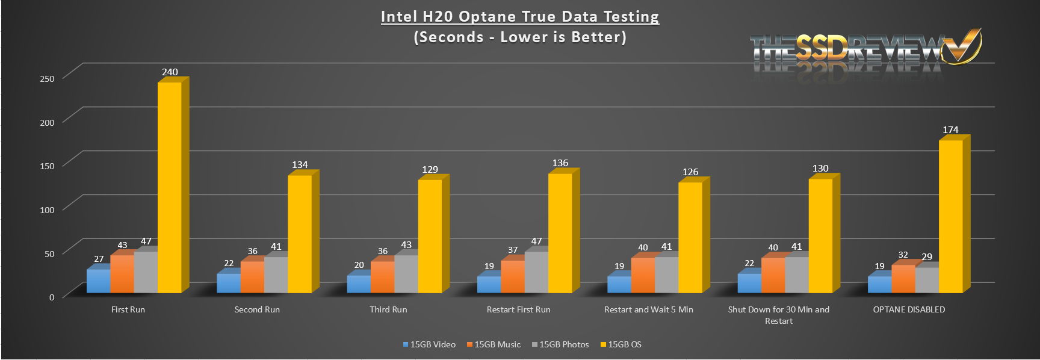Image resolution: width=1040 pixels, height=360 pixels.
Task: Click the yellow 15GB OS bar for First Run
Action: click(x=169, y=187)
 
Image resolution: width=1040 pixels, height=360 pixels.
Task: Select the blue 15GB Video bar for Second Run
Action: click(x=228, y=284)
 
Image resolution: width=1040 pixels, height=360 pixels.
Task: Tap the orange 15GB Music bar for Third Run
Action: click(x=382, y=278)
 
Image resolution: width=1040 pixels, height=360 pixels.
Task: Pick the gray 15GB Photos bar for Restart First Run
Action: click(x=536, y=273)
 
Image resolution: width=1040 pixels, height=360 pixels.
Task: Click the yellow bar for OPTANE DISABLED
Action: click(x=950, y=216)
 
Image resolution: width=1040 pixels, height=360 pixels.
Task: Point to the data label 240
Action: click(x=170, y=72)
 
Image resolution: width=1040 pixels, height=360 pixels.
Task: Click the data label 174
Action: click(x=950, y=130)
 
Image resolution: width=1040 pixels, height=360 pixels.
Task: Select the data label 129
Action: click(x=430, y=170)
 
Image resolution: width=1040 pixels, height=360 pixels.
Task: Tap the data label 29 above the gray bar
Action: click(x=927, y=257)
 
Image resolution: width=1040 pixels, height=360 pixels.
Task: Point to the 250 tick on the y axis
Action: click(x=47, y=78)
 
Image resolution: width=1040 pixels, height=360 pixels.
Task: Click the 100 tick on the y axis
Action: click(x=47, y=209)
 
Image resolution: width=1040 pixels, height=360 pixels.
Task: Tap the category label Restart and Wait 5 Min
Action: click(x=648, y=309)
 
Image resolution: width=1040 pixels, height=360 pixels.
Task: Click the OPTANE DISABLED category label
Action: click(x=909, y=309)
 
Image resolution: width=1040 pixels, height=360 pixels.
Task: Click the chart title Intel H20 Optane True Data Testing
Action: click(x=520, y=17)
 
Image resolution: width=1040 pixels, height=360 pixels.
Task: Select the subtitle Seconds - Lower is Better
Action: click(x=520, y=37)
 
